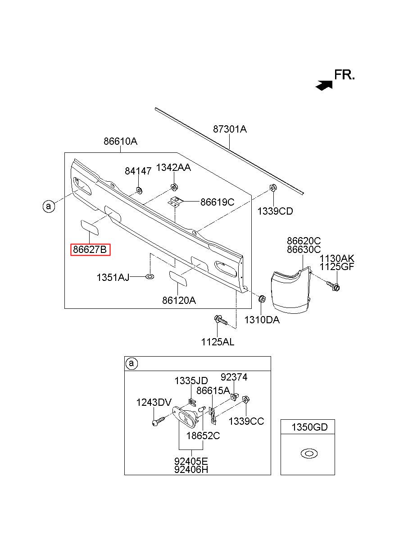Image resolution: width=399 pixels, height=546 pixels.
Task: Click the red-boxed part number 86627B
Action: (x=90, y=249)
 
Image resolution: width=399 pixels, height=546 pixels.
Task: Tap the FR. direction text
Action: (x=344, y=75)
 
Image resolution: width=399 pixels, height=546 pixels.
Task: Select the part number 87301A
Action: (x=230, y=129)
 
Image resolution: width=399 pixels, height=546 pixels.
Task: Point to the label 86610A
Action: (x=121, y=141)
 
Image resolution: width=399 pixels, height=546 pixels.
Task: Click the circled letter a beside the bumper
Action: (x=49, y=206)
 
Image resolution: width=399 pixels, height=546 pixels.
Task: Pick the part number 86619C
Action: (x=217, y=202)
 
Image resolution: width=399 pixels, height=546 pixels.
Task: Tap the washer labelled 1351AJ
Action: (x=150, y=276)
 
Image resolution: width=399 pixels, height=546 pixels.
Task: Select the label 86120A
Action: (x=179, y=301)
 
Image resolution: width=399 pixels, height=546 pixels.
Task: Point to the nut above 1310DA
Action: (x=262, y=298)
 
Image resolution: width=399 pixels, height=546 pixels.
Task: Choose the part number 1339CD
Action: (x=275, y=211)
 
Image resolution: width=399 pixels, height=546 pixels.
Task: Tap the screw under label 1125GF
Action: (x=333, y=286)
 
